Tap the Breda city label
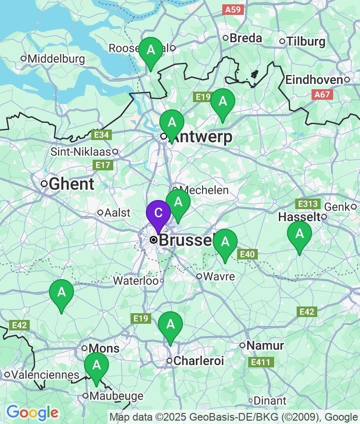(x=246, y=38)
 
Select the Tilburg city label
(x=306, y=42)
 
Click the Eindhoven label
(x=314, y=80)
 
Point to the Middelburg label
(x=56, y=59)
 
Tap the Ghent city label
(x=72, y=183)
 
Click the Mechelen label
(x=204, y=190)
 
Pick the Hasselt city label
(x=299, y=217)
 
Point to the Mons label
(x=104, y=348)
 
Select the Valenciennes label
(x=46, y=374)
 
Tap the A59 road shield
(x=233, y=9)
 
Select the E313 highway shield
(x=308, y=204)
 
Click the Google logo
(x=32, y=412)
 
